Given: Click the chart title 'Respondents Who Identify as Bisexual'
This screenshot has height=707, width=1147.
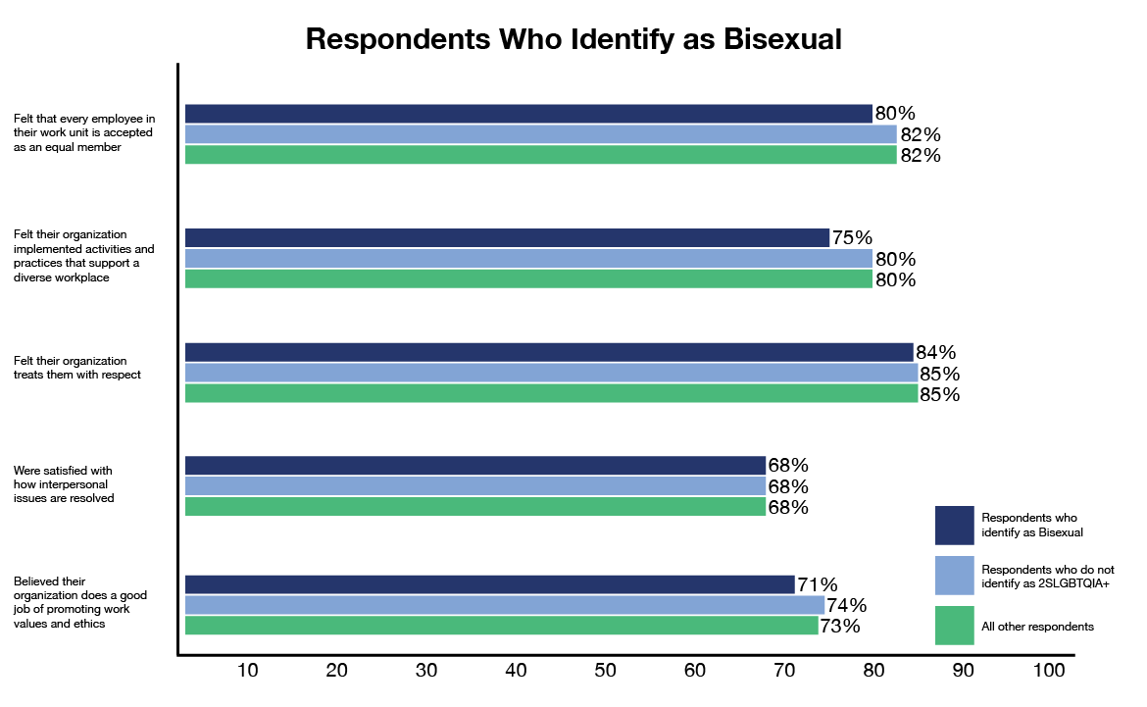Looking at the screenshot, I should (x=573, y=39).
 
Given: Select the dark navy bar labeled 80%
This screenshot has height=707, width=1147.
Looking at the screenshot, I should (x=528, y=114).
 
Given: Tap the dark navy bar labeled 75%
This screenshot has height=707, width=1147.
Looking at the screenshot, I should (x=507, y=237).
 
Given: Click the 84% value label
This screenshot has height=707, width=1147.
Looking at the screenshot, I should (x=936, y=352).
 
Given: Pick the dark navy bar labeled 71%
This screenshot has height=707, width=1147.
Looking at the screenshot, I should (x=489, y=584).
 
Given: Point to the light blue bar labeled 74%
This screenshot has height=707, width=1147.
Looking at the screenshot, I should (x=505, y=605).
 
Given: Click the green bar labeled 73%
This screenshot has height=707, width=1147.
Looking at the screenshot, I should (x=501, y=626).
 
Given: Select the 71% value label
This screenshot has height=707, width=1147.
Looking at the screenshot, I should (x=818, y=584).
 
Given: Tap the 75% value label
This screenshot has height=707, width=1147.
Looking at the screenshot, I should (x=852, y=237).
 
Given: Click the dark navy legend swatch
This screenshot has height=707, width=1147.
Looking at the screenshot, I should (x=954, y=525).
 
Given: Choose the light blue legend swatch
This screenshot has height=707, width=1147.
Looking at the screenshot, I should (x=954, y=576).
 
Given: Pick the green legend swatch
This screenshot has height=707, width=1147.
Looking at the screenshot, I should (x=954, y=626).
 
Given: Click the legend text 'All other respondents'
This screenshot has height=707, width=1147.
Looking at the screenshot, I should (x=1037, y=627).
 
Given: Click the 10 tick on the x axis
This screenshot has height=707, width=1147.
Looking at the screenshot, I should (x=248, y=671).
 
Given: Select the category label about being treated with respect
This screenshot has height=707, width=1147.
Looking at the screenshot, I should (x=71, y=368).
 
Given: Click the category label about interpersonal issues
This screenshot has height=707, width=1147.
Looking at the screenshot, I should (x=64, y=484).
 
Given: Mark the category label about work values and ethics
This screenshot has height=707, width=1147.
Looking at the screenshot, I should (x=74, y=602).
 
